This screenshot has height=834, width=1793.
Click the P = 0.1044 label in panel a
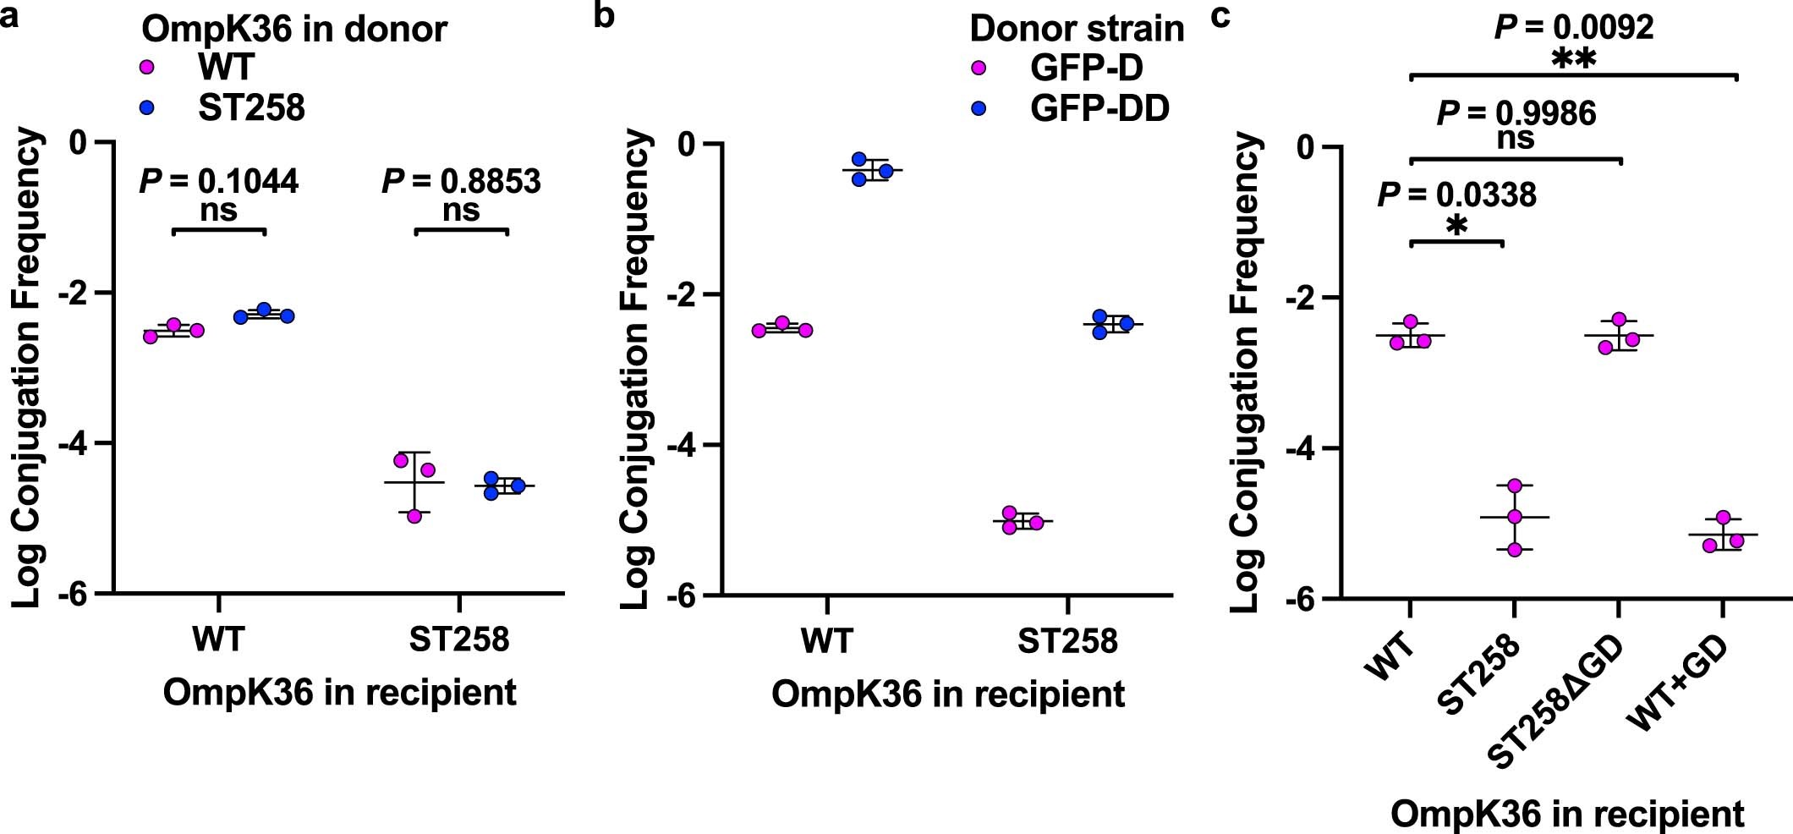pos(218,181)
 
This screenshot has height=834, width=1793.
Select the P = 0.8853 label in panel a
pos(461,181)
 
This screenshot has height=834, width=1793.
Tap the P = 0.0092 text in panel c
pos(1573,28)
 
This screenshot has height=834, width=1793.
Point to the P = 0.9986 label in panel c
pos(1516,112)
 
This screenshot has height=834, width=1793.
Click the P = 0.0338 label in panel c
pos(1456,195)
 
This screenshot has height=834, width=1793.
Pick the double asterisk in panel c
pos(1573,61)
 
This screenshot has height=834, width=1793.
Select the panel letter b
pos(604,15)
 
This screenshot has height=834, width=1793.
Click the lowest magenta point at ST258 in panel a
pos(414,516)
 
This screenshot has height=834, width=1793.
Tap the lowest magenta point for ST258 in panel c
pos(1514,550)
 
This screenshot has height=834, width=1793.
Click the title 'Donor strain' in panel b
pos(1077,29)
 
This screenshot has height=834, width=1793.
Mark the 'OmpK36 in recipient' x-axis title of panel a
pos(339,693)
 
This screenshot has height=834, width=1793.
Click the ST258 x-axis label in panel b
pos(1067,640)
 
